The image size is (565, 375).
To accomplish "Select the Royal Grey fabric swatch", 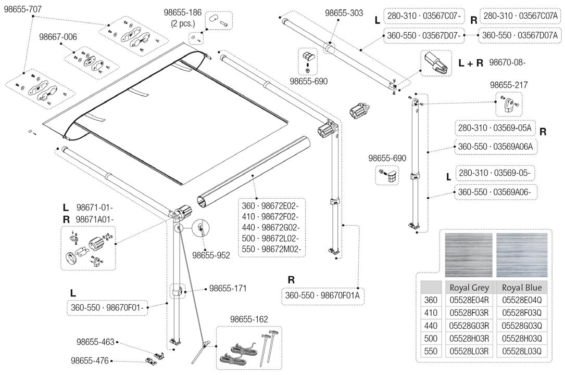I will pos(468,254).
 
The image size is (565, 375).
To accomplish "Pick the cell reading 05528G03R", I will pos(469,326).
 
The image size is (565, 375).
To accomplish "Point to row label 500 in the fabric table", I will pos(431,339).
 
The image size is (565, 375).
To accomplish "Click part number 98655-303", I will pos(344,14).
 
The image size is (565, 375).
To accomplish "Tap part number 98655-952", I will pos(211,255).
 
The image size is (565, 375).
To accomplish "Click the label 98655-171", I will pos(228,288).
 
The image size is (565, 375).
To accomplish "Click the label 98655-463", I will pos(95,342).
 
